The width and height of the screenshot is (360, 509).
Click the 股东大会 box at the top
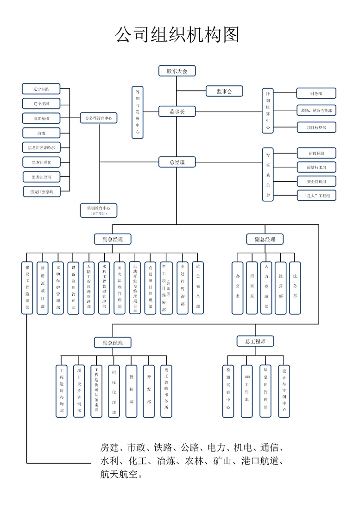(177, 71)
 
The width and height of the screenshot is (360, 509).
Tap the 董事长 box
(177, 111)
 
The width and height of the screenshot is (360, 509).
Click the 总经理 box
(177, 162)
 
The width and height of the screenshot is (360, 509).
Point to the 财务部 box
(316, 94)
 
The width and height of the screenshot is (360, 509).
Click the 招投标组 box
(316, 153)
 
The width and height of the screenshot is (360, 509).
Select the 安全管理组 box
(316, 181)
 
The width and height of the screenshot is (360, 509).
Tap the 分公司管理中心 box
(99, 118)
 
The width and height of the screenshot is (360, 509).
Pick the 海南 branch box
(41, 133)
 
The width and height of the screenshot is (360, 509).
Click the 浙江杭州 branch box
(41, 118)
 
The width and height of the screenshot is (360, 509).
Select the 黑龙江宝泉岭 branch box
(41, 191)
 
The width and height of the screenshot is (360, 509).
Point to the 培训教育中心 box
(99, 210)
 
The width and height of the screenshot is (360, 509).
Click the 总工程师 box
(255, 341)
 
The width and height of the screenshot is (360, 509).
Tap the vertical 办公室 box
(238, 288)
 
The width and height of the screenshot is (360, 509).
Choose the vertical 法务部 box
(295, 288)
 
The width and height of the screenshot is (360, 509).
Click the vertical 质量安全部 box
(198, 288)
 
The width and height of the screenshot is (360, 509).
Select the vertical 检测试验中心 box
(228, 391)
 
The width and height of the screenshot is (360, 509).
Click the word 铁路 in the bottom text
(163, 447)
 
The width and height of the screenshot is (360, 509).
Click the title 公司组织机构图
(177, 35)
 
